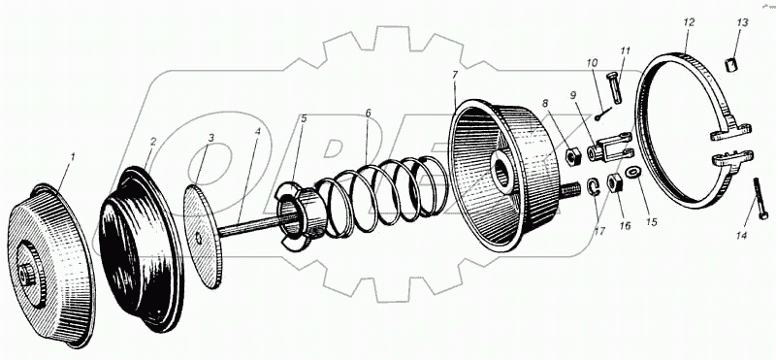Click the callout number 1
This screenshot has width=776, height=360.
click(72, 158)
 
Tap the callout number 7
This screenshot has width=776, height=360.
click(454, 76)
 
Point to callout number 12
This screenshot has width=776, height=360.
click(689, 22)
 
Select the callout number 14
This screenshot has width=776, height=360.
click(740, 236)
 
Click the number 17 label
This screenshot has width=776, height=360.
click(599, 231)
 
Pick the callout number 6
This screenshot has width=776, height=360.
click(368, 113)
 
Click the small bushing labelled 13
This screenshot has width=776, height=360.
click(731, 65)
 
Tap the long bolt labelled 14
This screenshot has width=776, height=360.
click(760, 198)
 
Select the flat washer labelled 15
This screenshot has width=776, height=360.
click(633, 173)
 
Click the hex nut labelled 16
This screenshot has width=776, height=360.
click(614, 184)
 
